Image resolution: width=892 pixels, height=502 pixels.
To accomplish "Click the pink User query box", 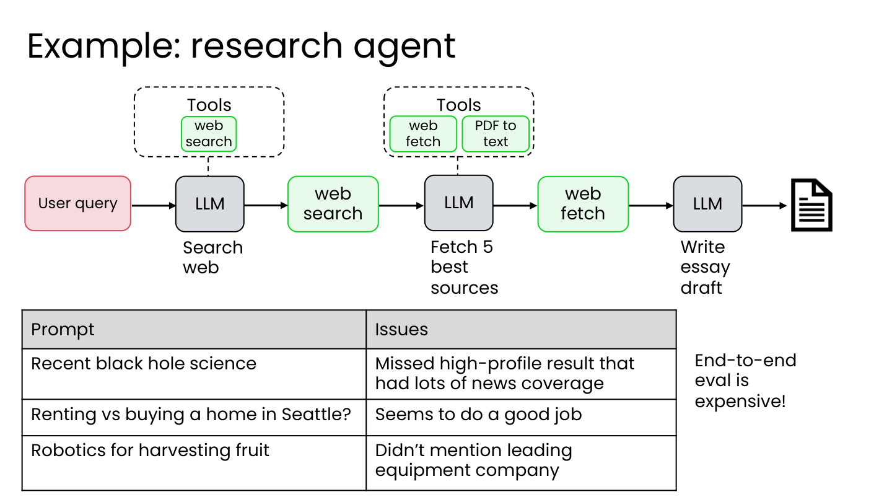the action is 77,203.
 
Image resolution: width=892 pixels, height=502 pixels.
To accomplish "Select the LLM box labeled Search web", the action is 210,204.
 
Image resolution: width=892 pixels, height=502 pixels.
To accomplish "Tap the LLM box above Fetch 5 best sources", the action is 459,203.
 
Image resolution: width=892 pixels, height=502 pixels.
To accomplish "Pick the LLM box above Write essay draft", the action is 707,204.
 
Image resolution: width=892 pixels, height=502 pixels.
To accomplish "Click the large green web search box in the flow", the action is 333,204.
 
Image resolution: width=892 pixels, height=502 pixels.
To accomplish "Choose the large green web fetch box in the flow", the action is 583,204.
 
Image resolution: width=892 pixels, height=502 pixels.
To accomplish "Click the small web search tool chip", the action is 209,134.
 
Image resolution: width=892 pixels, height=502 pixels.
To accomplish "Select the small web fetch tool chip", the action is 423,134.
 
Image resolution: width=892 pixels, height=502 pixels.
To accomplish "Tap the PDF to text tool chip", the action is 496,134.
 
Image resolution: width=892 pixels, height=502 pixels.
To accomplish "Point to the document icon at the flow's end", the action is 811,205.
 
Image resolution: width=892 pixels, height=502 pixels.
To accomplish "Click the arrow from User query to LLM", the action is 154,206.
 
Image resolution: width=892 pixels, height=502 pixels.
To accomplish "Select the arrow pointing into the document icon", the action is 764,206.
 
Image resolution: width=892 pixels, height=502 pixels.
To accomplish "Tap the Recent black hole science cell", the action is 194,374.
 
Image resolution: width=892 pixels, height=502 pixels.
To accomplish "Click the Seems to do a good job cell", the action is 521,417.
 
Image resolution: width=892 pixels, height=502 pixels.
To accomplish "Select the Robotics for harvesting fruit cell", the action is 194,463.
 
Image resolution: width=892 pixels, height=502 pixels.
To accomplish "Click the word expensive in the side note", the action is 740,402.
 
